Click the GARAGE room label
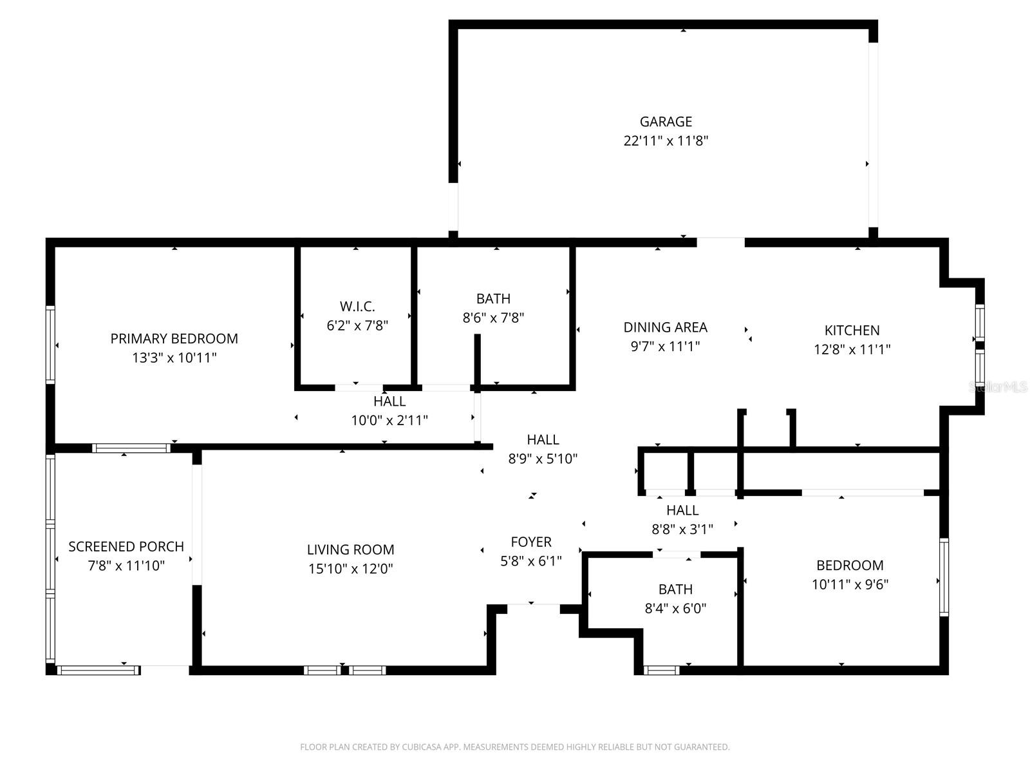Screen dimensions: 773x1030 (666, 122)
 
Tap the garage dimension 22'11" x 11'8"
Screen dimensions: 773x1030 (666, 141)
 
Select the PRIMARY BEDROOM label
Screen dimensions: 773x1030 (174, 339)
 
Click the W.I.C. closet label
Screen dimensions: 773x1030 (357, 307)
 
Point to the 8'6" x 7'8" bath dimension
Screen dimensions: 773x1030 (493, 318)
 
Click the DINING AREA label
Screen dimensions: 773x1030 (665, 327)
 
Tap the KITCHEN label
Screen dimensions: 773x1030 (852, 330)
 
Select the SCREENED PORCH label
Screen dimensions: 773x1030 (126, 547)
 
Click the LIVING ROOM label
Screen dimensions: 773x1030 (350, 549)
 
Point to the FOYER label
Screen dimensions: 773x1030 (531, 542)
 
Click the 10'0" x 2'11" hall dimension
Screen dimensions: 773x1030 (389, 421)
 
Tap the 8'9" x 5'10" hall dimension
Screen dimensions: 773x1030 (543, 459)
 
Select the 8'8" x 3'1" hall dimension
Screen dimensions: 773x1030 (682, 530)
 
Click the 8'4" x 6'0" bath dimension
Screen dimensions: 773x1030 (675, 608)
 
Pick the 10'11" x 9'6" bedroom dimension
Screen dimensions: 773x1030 (850, 584)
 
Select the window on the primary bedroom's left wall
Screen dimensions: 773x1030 (50, 345)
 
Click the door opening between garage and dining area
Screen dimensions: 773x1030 (720, 242)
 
